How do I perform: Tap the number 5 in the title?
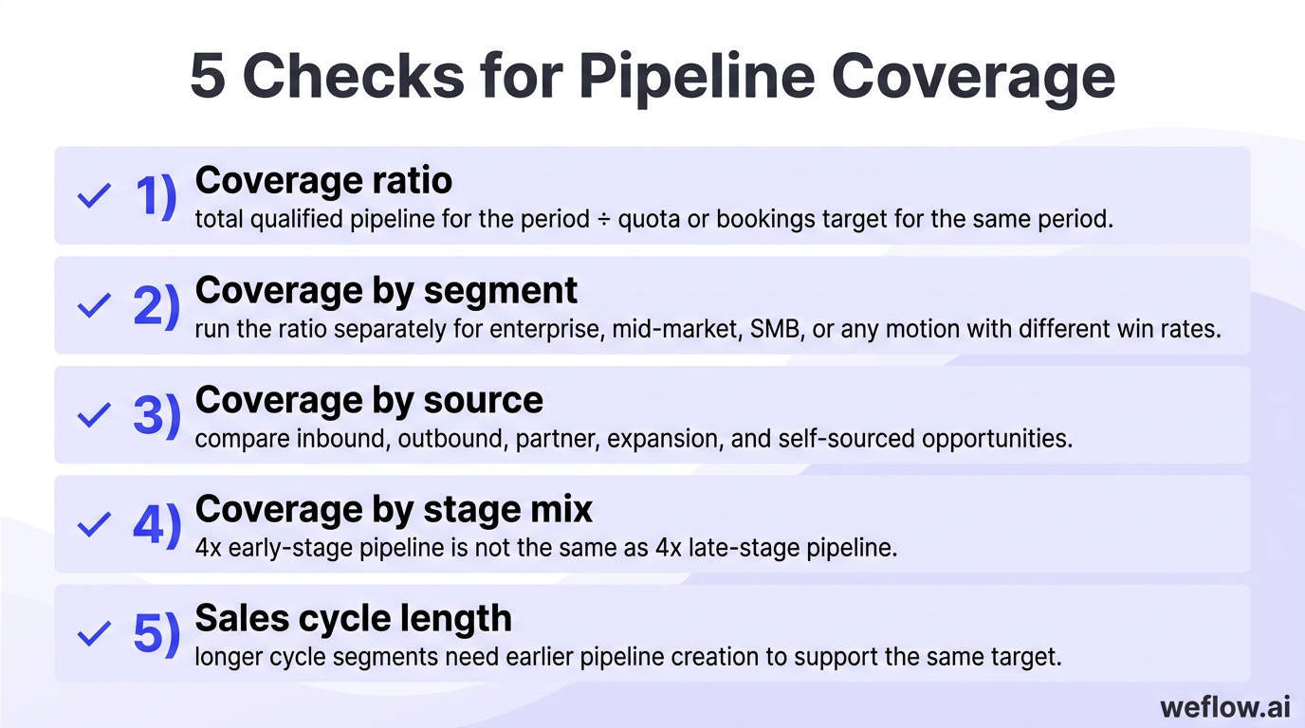point(208,77)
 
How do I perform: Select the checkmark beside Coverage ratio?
point(93,196)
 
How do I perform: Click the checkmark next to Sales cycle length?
point(93,634)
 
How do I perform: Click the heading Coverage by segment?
point(386,290)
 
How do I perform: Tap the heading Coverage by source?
point(369,400)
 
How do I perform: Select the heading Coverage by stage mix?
point(394,510)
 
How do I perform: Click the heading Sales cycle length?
point(353,619)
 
